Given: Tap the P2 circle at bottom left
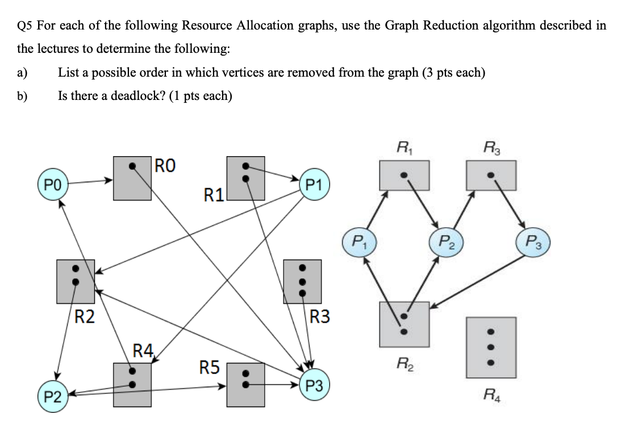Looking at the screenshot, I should [52, 396].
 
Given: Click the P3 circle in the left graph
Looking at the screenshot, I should [314, 386].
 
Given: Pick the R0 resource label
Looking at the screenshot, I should [165, 166].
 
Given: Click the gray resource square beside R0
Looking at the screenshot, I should [132, 178].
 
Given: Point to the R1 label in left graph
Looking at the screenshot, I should [214, 196].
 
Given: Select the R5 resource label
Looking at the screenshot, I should [210, 367].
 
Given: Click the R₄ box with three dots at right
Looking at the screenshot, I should [491, 346].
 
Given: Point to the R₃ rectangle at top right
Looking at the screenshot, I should [491, 175].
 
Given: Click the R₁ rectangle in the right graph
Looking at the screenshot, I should [404, 175].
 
